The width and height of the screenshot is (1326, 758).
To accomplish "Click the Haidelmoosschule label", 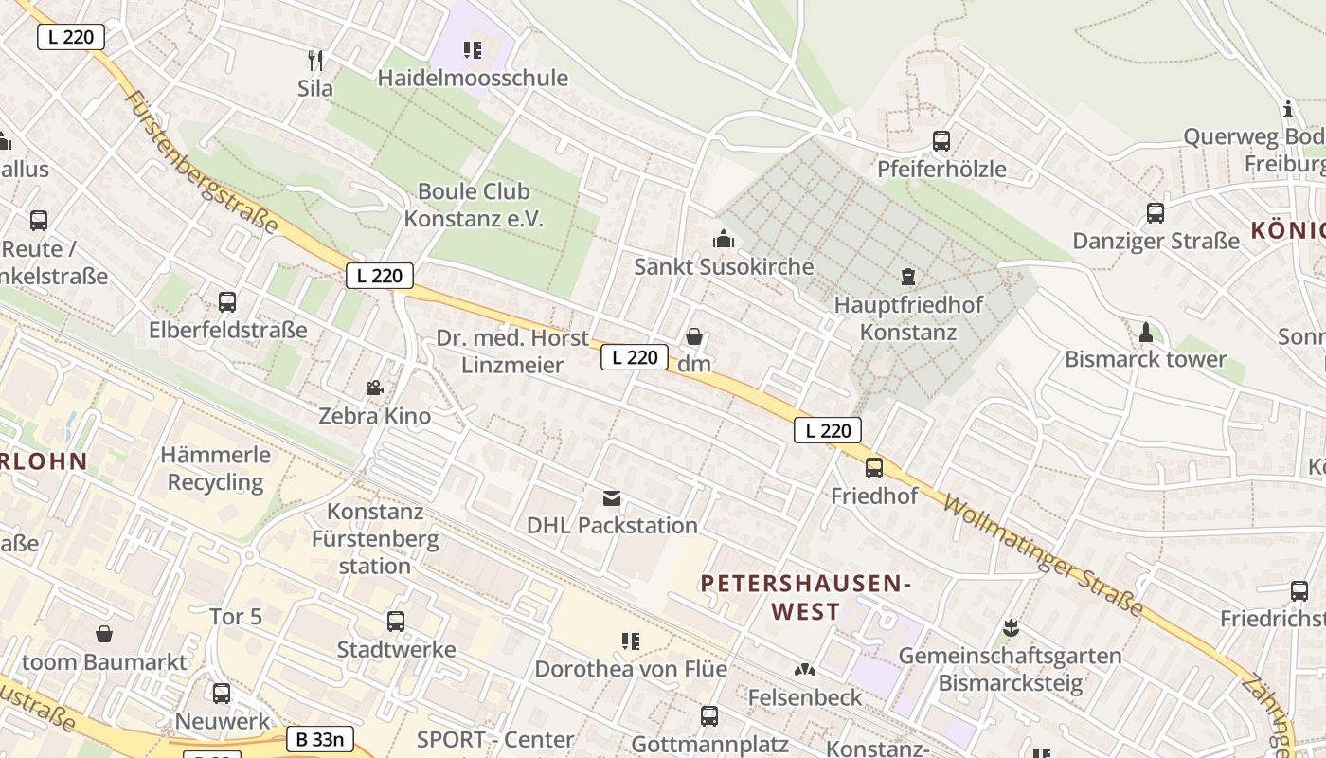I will [473, 78].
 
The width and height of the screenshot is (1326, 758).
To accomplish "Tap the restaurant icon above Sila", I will [315, 61].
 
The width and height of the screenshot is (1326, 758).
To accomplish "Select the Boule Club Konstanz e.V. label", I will [474, 205].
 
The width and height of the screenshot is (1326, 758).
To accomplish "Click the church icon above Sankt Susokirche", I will [724, 239].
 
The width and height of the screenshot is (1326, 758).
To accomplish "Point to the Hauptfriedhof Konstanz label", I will [908, 318].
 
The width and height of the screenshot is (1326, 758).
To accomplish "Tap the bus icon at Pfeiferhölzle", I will [941, 141].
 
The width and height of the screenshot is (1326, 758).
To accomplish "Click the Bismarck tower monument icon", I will [1145, 333].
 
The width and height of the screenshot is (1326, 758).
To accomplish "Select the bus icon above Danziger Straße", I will [1155, 213].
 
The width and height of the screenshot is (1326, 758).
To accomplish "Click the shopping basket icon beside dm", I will [694, 337].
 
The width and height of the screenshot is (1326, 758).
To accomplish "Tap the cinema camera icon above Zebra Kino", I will [375, 388].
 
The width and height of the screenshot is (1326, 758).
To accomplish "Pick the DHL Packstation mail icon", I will [612, 497].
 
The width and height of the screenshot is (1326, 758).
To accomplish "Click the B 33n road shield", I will [320, 739].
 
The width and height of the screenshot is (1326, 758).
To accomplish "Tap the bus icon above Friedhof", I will [873, 467].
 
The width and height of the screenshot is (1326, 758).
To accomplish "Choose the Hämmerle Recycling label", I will [216, 468].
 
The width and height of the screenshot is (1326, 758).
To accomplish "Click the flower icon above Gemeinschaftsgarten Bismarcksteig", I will [1011, 628].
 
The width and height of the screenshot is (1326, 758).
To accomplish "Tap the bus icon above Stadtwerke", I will [396, 622].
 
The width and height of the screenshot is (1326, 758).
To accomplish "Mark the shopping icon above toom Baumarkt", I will [104, 633].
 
